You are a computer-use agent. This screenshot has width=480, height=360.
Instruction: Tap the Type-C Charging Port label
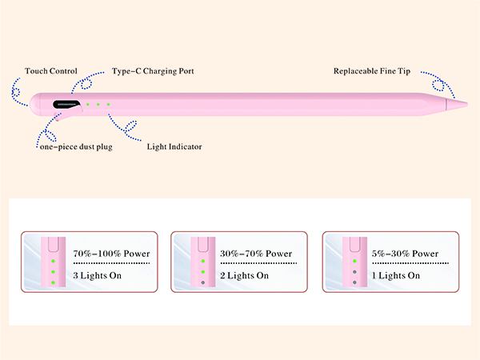[153, 71]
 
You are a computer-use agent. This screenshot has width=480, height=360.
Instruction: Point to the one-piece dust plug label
[76, 146]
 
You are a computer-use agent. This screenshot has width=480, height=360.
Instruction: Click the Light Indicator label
[174, 146]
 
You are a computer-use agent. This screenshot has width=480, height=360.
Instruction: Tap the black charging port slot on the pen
[67, 104]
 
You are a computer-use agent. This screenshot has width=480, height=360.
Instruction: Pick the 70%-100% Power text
[111, 254]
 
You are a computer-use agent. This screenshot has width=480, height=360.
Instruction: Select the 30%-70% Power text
[256, 254]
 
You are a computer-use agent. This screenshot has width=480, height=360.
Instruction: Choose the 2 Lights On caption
[245, 276]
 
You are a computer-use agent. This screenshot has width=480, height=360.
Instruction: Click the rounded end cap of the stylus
[34, 102]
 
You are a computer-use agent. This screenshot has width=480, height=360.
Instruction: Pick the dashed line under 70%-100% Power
[111, 263]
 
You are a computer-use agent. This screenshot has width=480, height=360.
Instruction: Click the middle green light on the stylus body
[98, 104]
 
